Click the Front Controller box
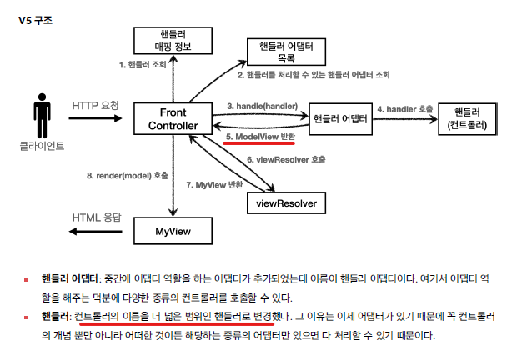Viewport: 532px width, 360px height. pyautogui.click(x=173, y=118)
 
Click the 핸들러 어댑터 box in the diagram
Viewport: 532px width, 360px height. pyautogui.click(x=341, y=118)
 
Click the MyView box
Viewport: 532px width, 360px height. pyautogui.click(x=173, y=229)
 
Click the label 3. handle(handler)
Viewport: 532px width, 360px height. pyautogui.click(x=263, y=107)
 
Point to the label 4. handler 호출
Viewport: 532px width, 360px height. pyautogui.click(x=404, y=108)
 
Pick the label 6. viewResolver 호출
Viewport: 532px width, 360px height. pyautogui.click(x=286, y=158)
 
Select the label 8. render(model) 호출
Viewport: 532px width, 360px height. pyautogui.click(x=128, y=176)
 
